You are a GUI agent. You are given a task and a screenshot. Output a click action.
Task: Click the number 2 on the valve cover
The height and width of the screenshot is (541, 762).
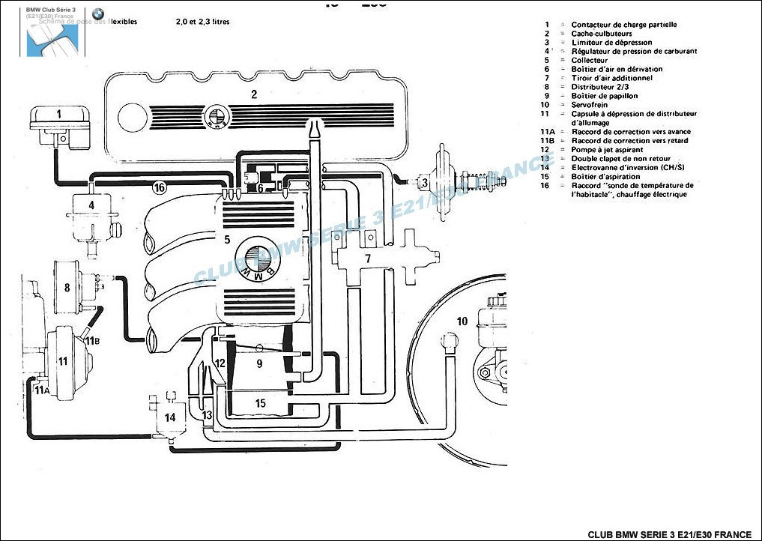coord(254,94)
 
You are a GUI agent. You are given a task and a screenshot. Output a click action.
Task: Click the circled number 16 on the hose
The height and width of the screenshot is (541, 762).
coord(159,187)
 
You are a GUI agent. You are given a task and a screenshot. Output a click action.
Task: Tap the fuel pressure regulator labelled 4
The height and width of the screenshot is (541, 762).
coord(91,205)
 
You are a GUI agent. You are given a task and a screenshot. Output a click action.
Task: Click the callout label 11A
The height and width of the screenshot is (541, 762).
coord(43,390)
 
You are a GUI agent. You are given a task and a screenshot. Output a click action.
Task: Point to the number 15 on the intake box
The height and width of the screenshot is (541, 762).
coord(260,403)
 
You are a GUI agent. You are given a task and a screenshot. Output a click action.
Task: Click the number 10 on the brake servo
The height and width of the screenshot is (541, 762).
coord(462,321)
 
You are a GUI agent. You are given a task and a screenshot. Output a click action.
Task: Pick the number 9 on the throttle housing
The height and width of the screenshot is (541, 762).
coord(259,363)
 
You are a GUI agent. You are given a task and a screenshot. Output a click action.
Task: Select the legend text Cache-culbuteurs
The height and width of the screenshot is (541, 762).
coord(602,34)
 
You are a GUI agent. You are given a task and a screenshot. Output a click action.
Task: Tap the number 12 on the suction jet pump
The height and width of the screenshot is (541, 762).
coord(220,363)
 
